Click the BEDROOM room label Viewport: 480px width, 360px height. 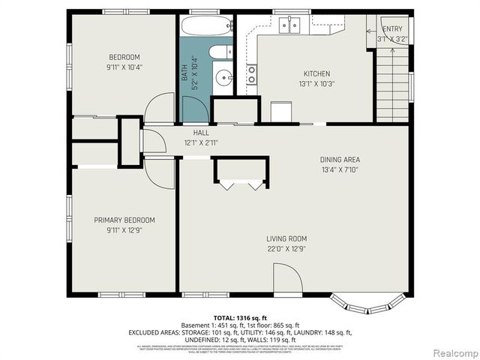click(124, 57)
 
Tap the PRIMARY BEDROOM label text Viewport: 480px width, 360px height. click(124, 220)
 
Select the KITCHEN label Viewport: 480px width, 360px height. click(316, 73)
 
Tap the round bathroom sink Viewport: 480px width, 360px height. click(223, 76)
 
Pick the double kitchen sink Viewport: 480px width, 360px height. click(290, 26)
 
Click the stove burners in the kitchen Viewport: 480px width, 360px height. click(251, 73)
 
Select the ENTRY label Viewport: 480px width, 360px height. click(392, 29)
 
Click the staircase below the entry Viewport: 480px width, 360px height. click(392, 82)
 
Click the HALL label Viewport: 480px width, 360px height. click(201, 133)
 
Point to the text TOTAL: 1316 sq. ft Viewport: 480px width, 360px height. click(239, 317)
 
